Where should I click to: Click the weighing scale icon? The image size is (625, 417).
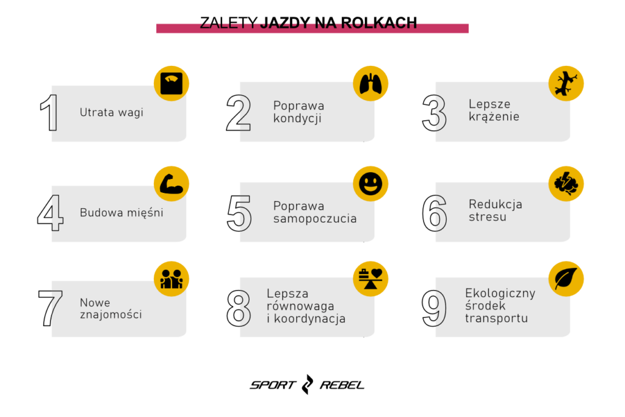tap(171, 83)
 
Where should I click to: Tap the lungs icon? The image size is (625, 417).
tap(370, 83)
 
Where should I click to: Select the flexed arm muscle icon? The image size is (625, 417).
tap(171, 183)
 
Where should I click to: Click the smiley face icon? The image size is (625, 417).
tap(370, 183)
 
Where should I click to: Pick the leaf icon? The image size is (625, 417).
tap(566, 278)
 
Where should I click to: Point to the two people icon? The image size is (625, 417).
tap(171, 278)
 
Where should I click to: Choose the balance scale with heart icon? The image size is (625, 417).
tap(370, 278)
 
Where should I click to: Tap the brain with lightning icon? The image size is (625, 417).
tap(566, 183)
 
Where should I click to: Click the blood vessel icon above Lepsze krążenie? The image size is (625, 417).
tap(566, 83)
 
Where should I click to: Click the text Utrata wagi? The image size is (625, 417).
tap(111, 113)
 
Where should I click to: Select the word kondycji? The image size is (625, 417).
tap(297, 119)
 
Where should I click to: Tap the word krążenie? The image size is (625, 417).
tap(494, 117)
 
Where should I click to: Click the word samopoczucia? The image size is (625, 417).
tap(315, 219)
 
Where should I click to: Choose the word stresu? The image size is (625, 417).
tap(487, 217)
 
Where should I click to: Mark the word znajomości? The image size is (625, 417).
tap(110, 315)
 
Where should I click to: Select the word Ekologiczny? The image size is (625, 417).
tap(500, 293)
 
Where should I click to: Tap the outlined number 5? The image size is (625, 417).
tap(245, 214)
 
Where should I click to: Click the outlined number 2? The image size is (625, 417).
tap(245, 114)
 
